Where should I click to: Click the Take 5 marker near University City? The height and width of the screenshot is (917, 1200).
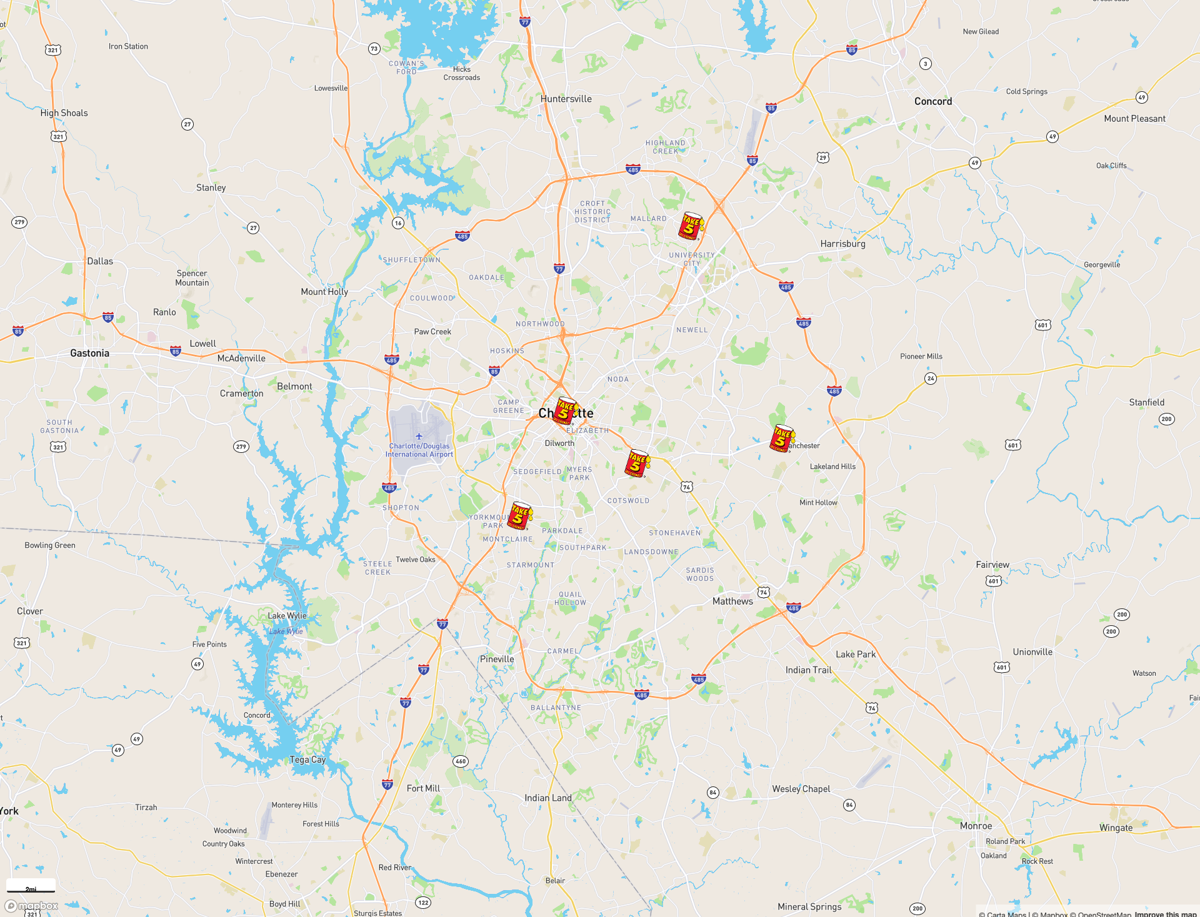[x=690, y=226]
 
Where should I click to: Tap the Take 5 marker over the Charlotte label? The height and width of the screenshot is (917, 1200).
[x=565, y=411]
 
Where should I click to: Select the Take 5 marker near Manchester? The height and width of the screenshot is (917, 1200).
[x=781, y=438]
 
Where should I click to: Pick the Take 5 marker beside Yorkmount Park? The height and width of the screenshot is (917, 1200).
[x=519, y=515]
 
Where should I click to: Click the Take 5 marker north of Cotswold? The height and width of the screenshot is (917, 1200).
[x=637, y=463]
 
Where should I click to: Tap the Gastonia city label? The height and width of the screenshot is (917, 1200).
[x=89, y=353]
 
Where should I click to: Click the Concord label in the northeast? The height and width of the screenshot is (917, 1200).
[x=933, y=101]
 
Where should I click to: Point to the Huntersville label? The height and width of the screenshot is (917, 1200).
[x=566, y=99]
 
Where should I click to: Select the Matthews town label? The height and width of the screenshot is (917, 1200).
[x=732, y=601]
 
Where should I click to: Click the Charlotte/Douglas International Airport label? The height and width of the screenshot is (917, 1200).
[x=419, y=450]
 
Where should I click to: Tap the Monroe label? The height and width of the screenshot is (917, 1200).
[x=976, y=825]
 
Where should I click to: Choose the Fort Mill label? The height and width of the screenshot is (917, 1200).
[x=423, y=788]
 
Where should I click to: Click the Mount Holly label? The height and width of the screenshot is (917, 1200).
[x=324, y=292]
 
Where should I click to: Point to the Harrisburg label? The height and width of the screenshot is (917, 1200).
[x=842, y=244]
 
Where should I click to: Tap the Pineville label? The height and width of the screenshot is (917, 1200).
[x=497, y=659]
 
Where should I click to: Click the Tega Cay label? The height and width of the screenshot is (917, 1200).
[x=307, y=760]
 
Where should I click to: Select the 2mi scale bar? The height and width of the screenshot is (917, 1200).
[x=31, y=886]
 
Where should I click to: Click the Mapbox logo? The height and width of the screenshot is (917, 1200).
[x=31, y=906]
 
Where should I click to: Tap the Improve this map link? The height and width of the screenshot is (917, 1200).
[x=1166, y=914]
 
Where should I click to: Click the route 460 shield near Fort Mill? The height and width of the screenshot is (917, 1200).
[x=461, y=761]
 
